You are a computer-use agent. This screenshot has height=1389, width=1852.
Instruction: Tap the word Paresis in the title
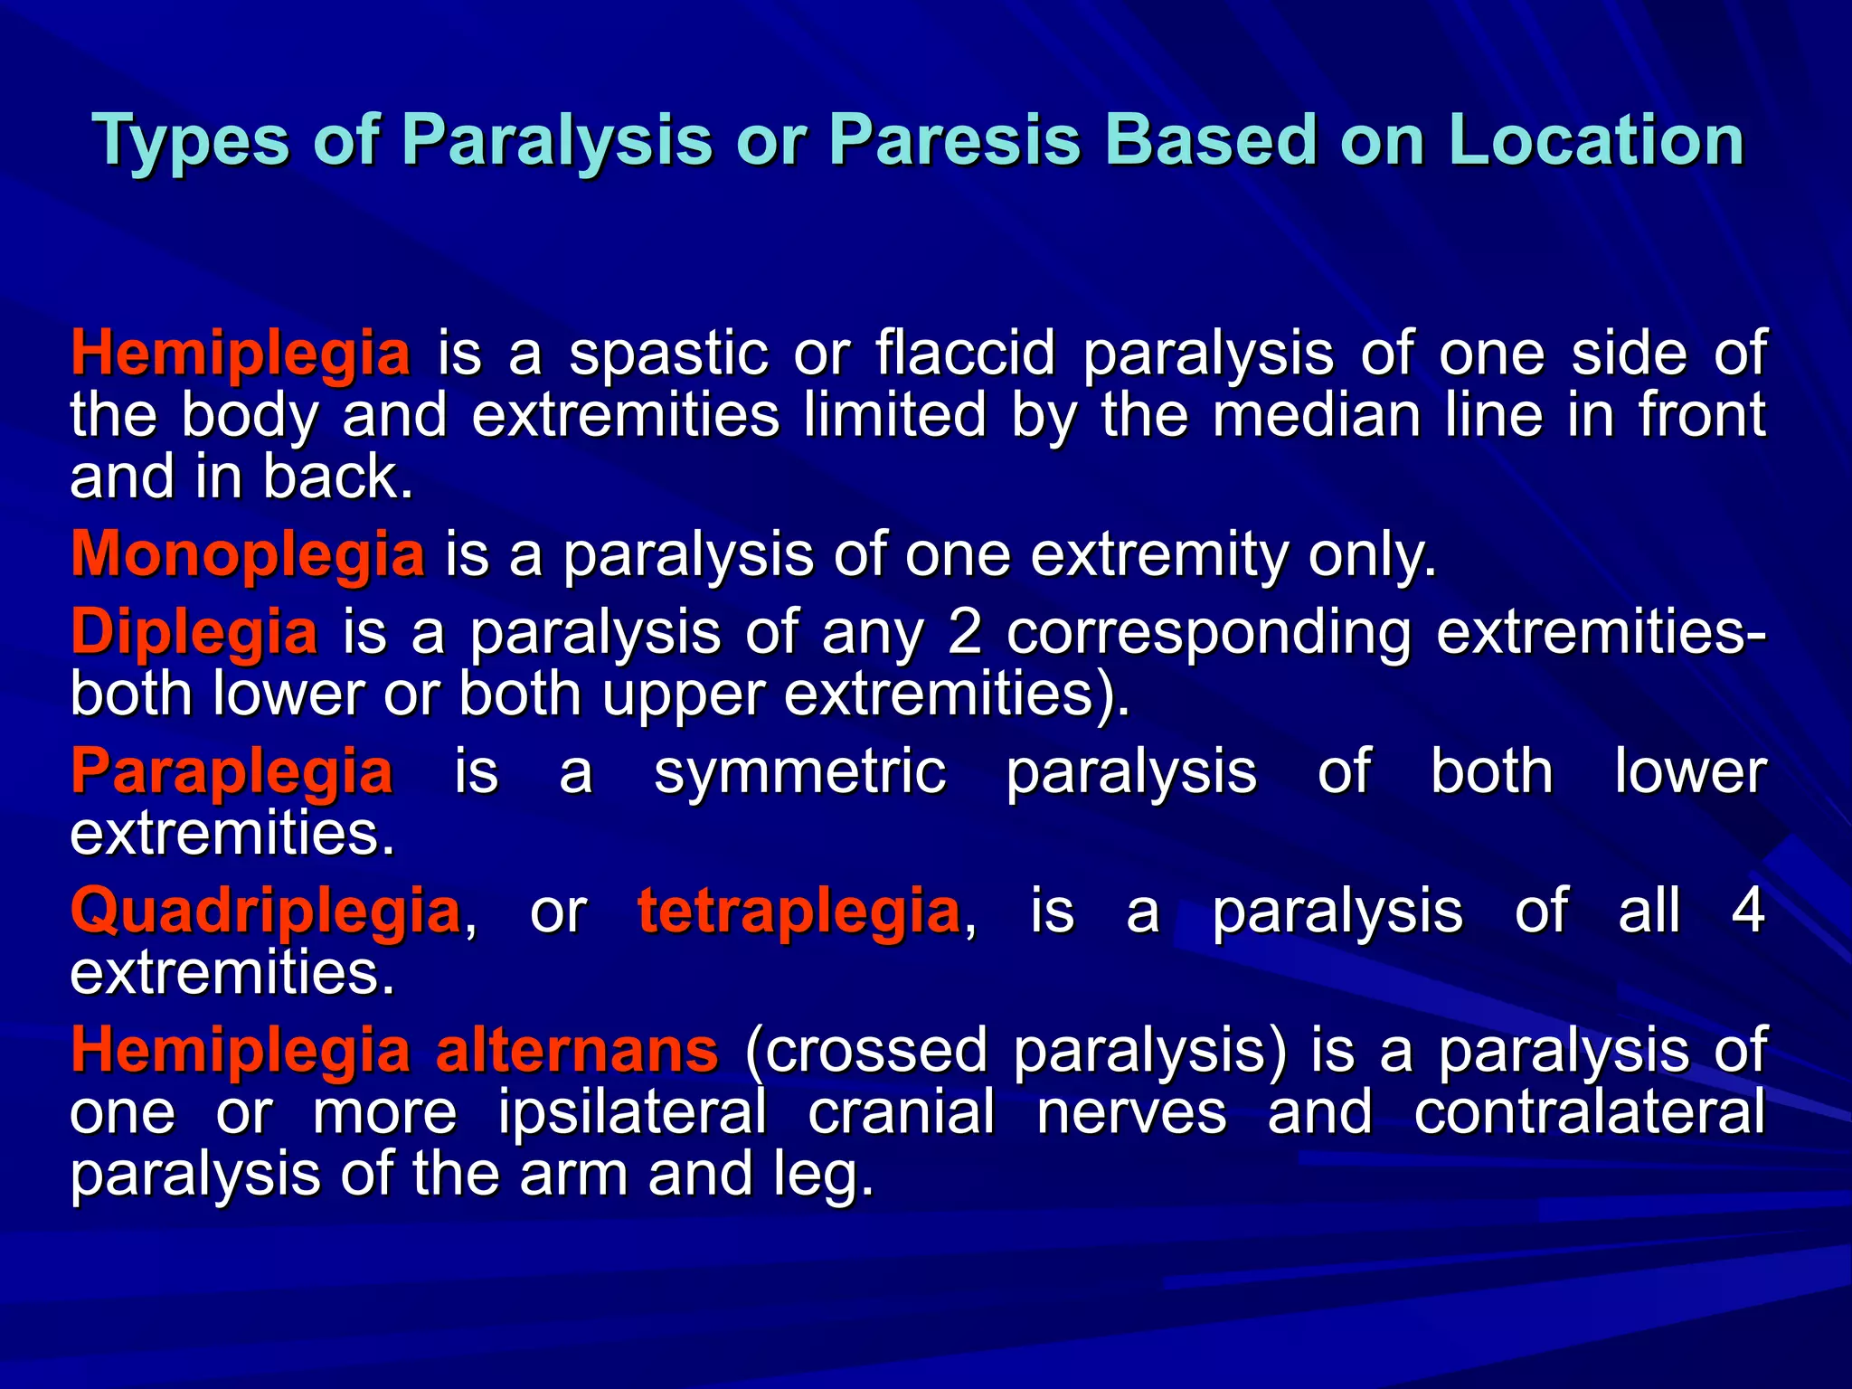954,141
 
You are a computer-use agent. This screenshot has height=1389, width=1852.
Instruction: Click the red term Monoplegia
247,553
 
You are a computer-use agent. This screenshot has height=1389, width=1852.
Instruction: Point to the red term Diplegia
194,631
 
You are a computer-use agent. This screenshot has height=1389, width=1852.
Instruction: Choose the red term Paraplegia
231,771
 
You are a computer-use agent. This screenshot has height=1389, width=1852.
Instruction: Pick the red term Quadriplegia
266,911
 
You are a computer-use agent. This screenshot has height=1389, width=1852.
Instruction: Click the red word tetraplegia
798,911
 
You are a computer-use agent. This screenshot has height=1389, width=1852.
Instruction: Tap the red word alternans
577,1050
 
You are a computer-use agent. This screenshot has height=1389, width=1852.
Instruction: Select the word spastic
668,353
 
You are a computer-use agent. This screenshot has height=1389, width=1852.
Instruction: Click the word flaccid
965,353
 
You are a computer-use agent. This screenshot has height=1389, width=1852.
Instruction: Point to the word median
1317,415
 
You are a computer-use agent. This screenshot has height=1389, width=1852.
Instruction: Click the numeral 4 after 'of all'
1747,911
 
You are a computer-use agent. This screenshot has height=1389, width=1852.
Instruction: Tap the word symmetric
799,771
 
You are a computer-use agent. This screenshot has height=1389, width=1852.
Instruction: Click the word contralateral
1589,1112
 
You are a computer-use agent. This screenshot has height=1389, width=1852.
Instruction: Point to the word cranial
901,1112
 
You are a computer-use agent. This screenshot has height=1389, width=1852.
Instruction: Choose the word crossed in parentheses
866,1050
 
